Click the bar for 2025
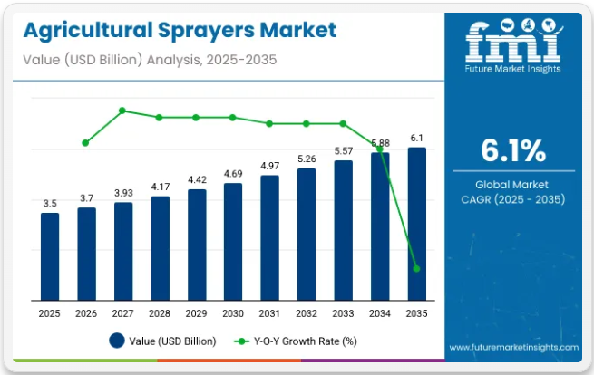click(49, 255)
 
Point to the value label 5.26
click(307, 159)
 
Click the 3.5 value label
click(49, 203)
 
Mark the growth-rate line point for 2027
click(122, 111)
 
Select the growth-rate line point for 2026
click(86, 143)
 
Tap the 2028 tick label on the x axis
click(160, 312)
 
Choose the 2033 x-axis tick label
click(344, 312)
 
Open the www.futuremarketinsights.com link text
click(513, 346)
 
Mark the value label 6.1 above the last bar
click(417, 138)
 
